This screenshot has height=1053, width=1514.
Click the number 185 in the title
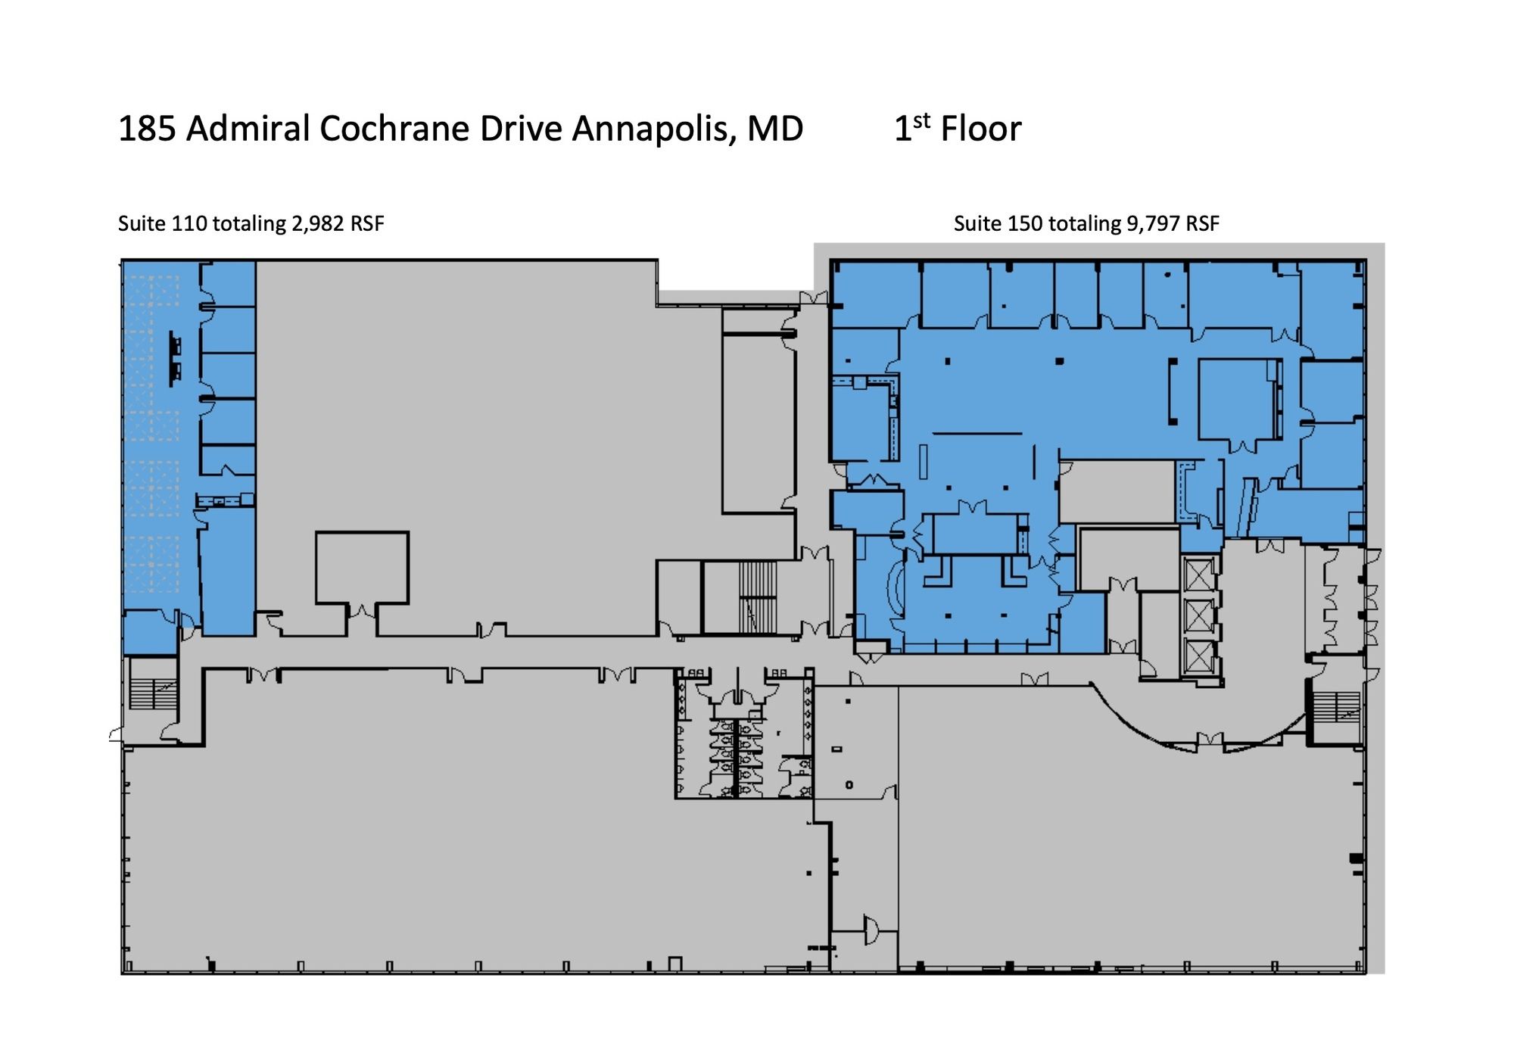pyautogui.click(x=147, y=129)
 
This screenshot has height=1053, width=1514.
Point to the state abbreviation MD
pyautogui.click(x=775, y=129)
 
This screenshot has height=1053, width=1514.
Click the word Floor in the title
pyautogui.click(x=981, y=129)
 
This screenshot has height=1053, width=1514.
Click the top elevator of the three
pyautogui.click(x=1198, y=576)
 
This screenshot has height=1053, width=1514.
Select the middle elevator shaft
pyautogui.click(x=1198, y=616)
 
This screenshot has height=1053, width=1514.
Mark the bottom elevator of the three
pyautogui.click(x=1198, y=657)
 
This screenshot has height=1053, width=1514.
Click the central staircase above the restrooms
pyautogui.click(x=758, y=597)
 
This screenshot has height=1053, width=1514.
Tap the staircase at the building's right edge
pyautogui.click(x=1336, y=707)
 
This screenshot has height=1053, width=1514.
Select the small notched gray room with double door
pyautogui.click(x=362, y=575)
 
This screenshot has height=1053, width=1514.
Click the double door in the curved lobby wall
pyautogui.click(x=1210, y=740)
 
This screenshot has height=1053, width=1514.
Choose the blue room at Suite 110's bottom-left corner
pyautogui.click(x=151, y=633)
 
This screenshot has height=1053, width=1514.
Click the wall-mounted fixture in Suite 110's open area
pyautogui.click(x=175, y=359)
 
